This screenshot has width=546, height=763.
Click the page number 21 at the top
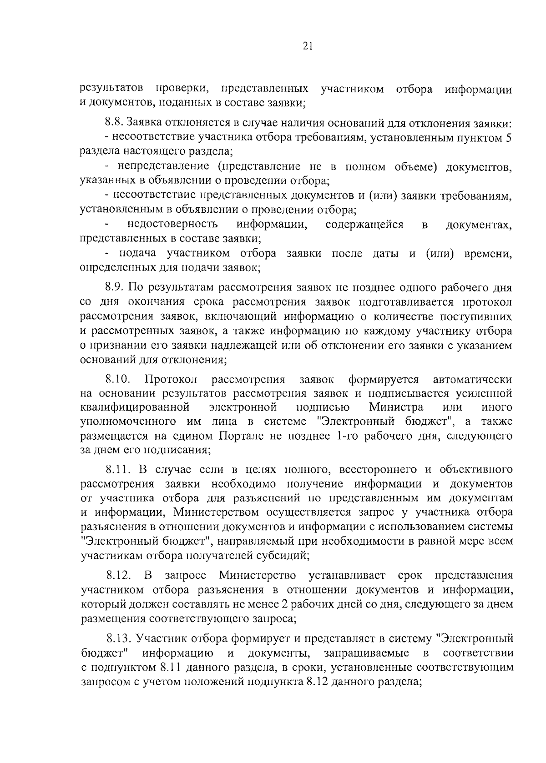[x=306, y=46]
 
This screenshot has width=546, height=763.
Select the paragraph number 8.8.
[x=114, y=123]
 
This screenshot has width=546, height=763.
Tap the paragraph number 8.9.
[x=114, y=288]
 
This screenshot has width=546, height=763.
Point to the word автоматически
[x=472, y=379]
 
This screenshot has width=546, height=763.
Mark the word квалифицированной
[x=134, y=407]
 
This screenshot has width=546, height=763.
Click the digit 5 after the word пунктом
[x=509, y=137]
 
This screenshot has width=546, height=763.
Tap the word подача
[x=138, y=253]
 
